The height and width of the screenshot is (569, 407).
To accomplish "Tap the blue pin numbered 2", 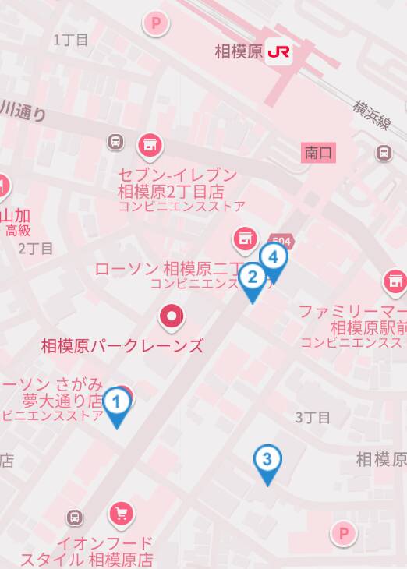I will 252,277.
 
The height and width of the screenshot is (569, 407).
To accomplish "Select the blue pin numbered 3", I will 267,460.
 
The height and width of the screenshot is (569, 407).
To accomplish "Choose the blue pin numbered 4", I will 273,257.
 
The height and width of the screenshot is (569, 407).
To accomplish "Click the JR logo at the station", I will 278,51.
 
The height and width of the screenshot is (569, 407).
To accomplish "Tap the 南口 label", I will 319,153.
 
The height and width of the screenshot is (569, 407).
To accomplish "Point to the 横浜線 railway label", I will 371,117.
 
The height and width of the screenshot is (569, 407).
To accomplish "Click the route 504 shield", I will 281,241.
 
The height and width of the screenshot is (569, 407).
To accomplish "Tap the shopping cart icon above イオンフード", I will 121,513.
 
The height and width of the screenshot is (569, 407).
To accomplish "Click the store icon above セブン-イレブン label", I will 149,144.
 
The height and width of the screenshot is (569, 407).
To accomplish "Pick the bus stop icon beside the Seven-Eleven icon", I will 115,142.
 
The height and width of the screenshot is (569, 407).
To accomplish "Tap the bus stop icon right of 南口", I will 384,153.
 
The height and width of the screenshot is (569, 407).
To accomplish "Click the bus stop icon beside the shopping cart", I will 75,516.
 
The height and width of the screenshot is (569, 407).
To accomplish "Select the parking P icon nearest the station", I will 156,23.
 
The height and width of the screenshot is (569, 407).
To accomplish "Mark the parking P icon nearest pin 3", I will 343,533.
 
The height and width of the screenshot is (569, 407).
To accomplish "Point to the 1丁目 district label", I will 71,40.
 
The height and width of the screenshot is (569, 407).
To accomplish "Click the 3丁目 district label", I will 312,417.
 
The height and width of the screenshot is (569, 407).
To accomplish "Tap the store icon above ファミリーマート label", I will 395,282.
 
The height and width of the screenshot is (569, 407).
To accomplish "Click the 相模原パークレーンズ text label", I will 122,345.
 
